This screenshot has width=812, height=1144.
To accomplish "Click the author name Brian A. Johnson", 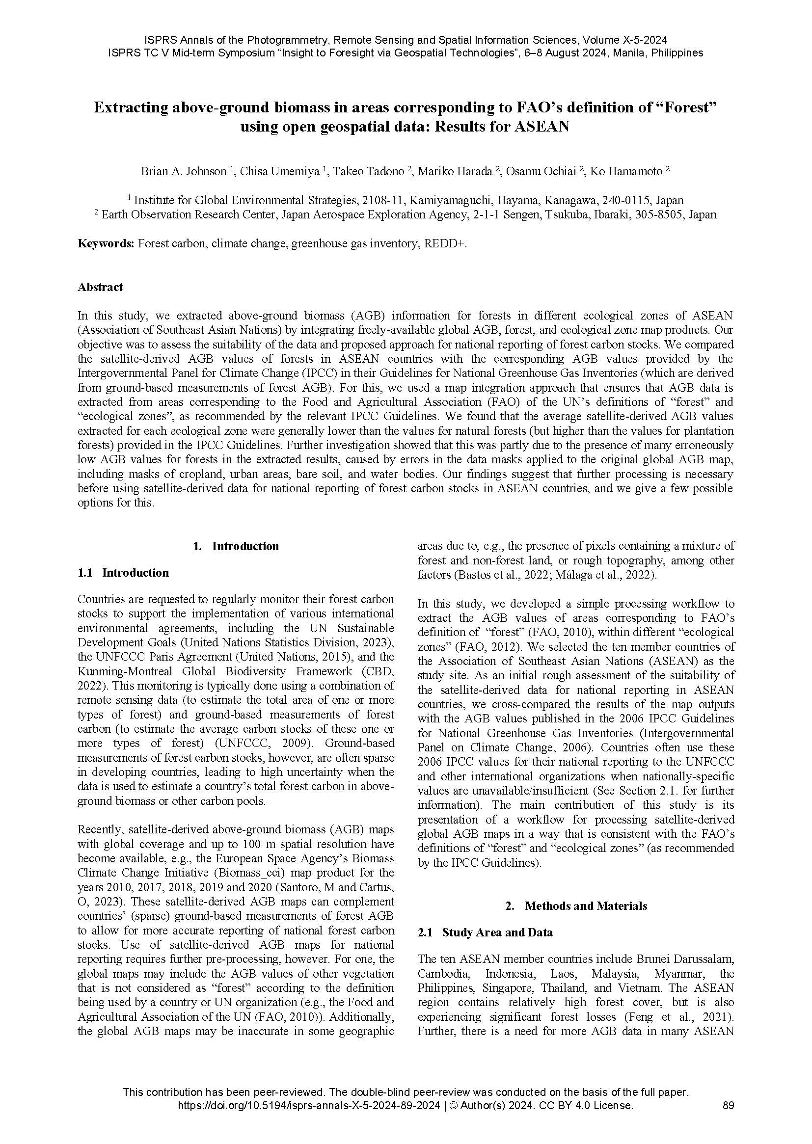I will (x=183, y=171).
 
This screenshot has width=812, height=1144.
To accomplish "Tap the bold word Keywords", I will (x=106, y=243).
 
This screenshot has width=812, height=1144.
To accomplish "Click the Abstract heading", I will (x=100, y=287).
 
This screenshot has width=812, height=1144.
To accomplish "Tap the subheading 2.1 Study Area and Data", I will (x=485, y=932).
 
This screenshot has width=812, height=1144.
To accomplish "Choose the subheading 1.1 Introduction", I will (x=123, y=572).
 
